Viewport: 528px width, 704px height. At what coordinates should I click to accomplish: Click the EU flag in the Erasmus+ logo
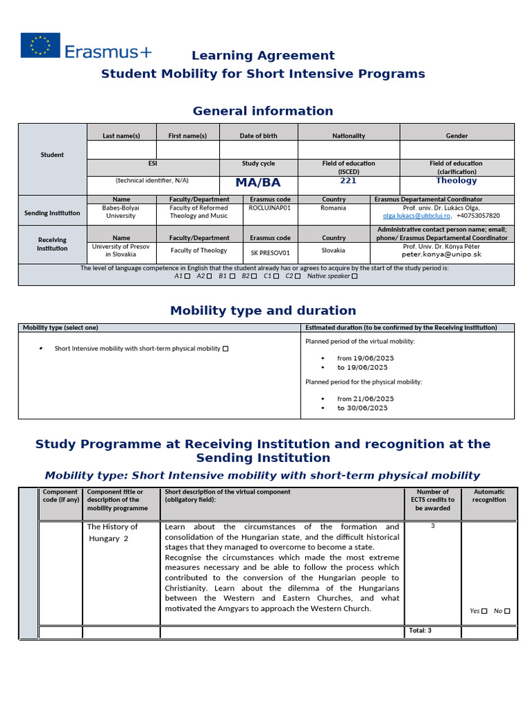tap(40, 45)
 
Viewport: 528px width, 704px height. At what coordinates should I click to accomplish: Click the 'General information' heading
tap(263, 111)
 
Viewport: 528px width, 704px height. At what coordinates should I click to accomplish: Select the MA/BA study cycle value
tap(258, 183)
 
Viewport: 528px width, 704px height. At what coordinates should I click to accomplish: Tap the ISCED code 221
tap(348, 181)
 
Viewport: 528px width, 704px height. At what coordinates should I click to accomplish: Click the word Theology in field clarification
tap(456, 181)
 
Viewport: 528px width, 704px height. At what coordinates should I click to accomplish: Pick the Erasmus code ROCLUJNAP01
tap(269, 208)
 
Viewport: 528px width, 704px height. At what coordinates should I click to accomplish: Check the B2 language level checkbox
tap(254, 276)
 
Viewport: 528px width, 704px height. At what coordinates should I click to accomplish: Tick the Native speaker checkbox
tap(355, 276)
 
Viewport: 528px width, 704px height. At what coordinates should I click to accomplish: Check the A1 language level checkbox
tap(188, 276)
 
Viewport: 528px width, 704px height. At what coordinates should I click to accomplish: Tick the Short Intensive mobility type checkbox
tap(225, 349)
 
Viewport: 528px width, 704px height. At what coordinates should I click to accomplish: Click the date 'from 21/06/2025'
tap(365, 399)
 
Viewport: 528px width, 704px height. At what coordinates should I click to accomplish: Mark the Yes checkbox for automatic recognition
tap(485, 610)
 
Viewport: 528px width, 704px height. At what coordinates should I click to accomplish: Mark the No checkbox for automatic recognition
tap(508, 610)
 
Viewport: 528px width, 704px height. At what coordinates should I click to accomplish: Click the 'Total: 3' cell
tap(420, 630)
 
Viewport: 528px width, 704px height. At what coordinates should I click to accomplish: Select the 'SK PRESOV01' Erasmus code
tap(270, 252)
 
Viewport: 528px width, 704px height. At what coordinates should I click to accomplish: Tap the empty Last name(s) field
tap(121, 149)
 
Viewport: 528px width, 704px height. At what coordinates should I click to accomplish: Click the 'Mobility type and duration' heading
tap(263, 311)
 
